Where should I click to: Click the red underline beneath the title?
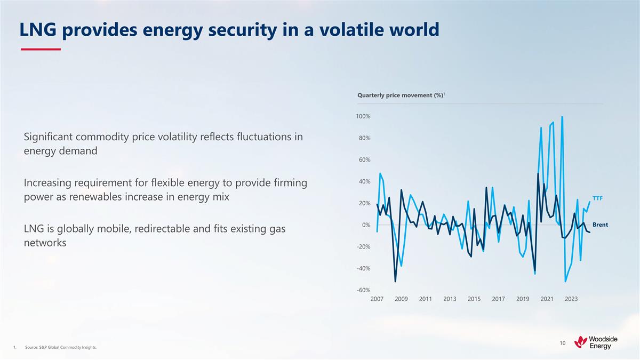(41, 50)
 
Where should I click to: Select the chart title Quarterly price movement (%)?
(400, 95)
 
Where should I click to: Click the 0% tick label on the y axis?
(366, 225)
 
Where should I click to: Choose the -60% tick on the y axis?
(363, 290)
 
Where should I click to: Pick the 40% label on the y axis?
(364, 181)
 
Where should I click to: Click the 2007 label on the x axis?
(377, 299)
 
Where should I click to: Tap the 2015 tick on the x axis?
(474, 299)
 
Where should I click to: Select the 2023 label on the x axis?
(571, 299)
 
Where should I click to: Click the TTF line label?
(597, 198)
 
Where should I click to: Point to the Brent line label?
(600, 225)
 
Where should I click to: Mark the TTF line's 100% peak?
(562, 117)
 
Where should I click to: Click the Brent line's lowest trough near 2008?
(395, 281)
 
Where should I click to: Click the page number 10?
(562, 343)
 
